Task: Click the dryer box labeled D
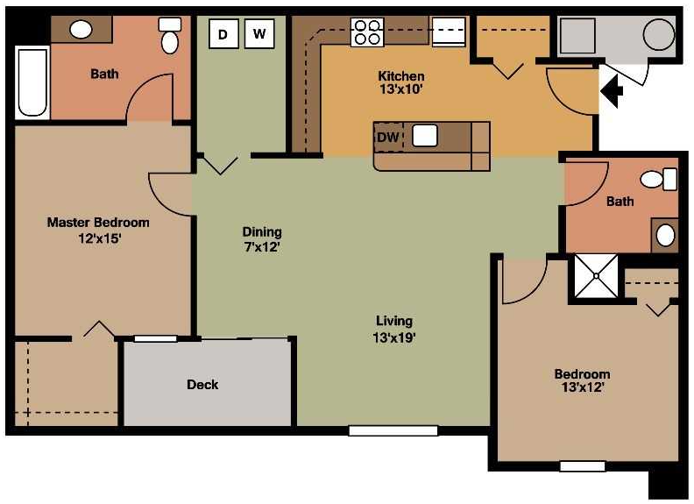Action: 223,34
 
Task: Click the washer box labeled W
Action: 258,34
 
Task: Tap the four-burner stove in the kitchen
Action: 367,32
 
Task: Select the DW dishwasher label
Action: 388,137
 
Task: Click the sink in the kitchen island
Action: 426,136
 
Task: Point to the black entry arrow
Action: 611,90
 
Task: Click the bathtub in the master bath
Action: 32,82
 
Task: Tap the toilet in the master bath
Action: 169,38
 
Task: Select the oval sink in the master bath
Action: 81,30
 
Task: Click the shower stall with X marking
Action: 595,276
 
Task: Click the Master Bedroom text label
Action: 98,223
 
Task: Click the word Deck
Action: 202,384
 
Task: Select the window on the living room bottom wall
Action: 393,430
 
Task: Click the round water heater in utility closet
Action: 659,36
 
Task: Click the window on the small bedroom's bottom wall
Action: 582,466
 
